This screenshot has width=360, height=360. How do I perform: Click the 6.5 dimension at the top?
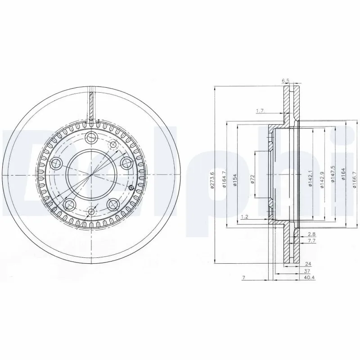point(285,81)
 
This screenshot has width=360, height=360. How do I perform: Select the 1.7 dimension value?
point(259,110)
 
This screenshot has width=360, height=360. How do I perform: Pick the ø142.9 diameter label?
point(322,180)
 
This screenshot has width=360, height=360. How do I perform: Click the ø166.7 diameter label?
point(355,180)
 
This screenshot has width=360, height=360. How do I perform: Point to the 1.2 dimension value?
point(244,217)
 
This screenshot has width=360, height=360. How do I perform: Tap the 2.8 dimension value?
point(312,234)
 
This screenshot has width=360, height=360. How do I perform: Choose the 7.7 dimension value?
point(312,242)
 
